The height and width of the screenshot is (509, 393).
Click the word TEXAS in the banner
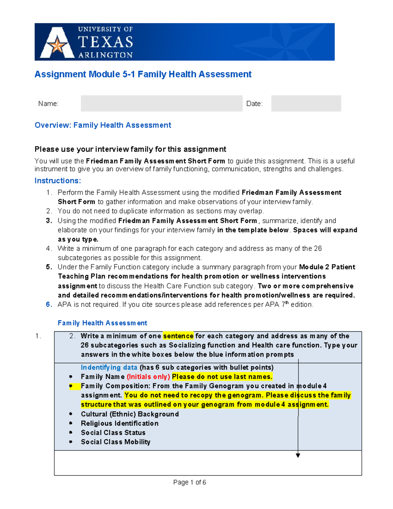tap(105, 42)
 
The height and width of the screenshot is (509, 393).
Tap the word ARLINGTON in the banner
tap(105, 55)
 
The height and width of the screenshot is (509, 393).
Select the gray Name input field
tap(161, 104)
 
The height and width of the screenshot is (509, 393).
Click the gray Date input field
tap(306, 104)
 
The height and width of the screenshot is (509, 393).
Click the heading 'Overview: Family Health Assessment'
tap(103, 125)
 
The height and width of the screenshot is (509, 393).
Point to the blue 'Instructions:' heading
tap(58, 181)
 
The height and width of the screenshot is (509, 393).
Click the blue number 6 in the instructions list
tap(49, 304)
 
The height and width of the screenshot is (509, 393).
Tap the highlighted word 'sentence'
tap(178, 336)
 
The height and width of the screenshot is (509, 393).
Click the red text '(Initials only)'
tap(148, 377)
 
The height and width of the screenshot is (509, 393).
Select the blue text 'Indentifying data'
tap(109, 367)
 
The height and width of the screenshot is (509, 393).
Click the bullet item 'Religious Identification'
tap(120, 423)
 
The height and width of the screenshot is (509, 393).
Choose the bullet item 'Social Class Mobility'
tap(116, 442)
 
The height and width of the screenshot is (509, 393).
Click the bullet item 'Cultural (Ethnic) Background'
tap(130, 414)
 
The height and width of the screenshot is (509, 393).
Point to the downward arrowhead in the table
tap(298, 455)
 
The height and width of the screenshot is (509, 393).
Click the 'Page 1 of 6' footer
tap(190, 482)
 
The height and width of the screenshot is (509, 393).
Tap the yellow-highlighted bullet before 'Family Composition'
tap(71, 386)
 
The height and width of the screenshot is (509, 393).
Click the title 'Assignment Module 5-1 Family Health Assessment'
tap(143, 74)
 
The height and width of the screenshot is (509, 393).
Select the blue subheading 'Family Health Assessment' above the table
tap(102, 323)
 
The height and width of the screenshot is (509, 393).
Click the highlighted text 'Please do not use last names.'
tap(222, 377)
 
